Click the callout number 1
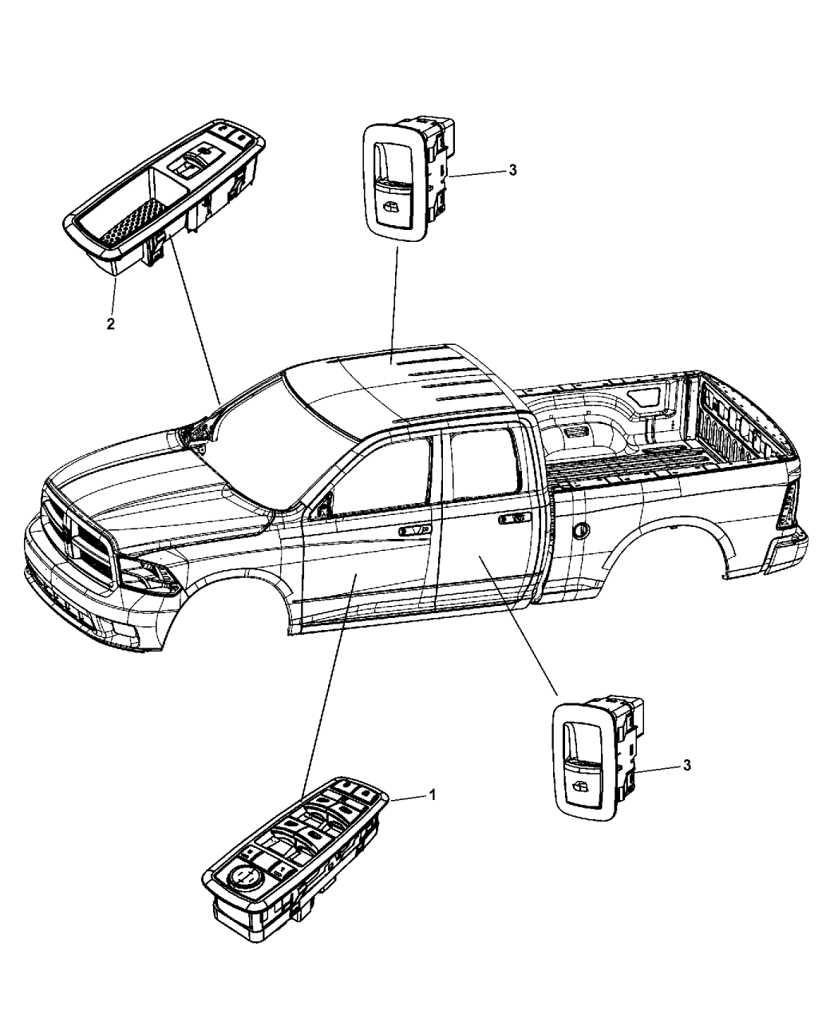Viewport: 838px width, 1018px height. point(432,795)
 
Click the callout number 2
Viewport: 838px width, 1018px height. point(111,323)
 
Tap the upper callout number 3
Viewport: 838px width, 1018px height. point(512,170)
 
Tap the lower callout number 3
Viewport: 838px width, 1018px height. point(687,765)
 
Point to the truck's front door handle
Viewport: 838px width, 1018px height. point(414,530)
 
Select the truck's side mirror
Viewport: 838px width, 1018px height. point(322,507)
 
